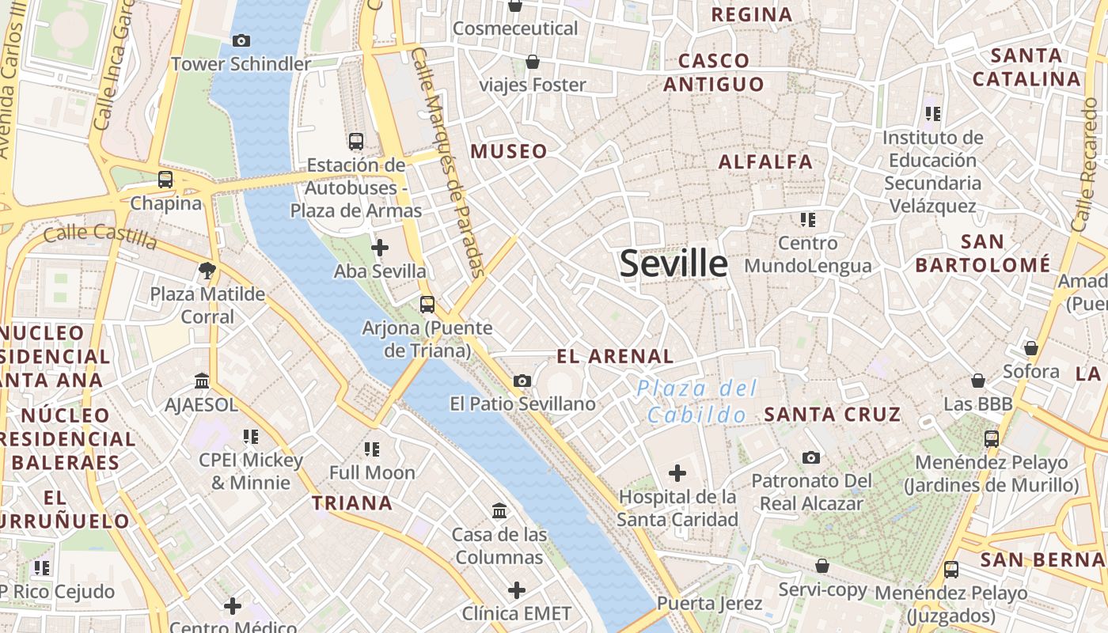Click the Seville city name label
[x=674, y=263]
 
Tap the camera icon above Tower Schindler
[x=241, y=40]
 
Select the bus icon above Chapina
[x=165, y=180]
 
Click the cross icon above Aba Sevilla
[x=380, y=248]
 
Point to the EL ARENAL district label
[x=615, y=356]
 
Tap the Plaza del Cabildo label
[x=696, y=401]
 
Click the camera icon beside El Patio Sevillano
[x=522, y=381]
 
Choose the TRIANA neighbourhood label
[x=352, y=502]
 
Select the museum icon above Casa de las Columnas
[x=499, y=511]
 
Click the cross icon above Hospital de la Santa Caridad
[x=677, y=473]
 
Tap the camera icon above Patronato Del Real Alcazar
[x=811, y=457]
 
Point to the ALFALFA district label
[x=765, y=161]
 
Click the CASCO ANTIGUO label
[x=714, y=72]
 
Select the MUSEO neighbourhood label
[x=509, y=151]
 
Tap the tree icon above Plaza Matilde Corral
[x=207, y=271]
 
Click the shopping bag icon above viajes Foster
[x=533, y=62]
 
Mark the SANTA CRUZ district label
[x=832, y=414]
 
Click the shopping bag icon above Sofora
[x=1030, y=348]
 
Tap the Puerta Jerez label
[x=709, y=604]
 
